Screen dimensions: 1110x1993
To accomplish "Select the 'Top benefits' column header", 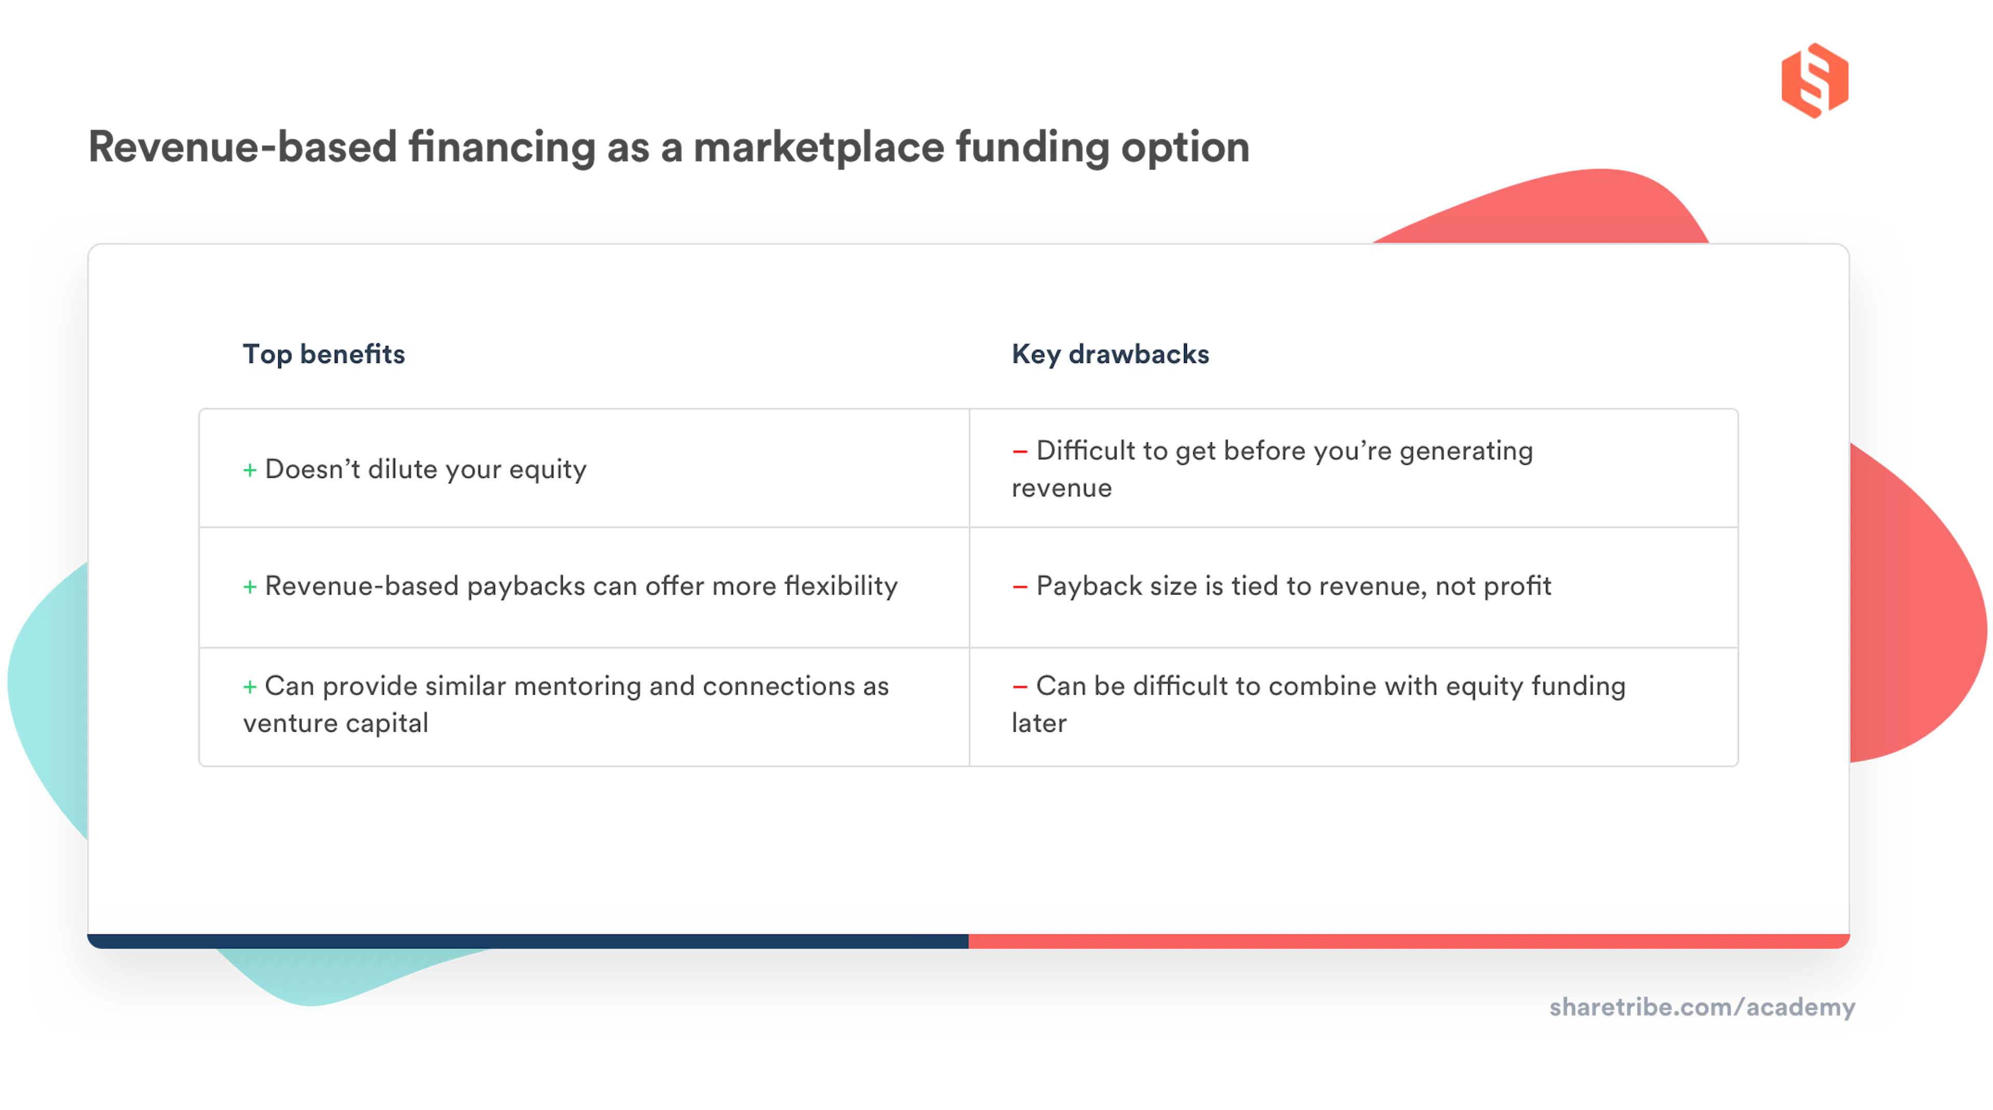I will (323, 355).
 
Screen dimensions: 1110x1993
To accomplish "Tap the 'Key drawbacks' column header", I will (1110, 355).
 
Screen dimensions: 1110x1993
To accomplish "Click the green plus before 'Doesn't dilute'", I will (250, 470).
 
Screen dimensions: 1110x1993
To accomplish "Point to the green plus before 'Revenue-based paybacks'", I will (250, 587).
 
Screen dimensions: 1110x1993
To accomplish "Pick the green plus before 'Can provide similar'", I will (250, 686).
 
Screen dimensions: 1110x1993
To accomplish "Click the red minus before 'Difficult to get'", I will (1020, 451).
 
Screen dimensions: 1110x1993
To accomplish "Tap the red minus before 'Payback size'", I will (1020, 587).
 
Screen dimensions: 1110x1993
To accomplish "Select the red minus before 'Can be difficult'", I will (1020, 686).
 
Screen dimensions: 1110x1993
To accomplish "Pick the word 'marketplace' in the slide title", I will (820, 147).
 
